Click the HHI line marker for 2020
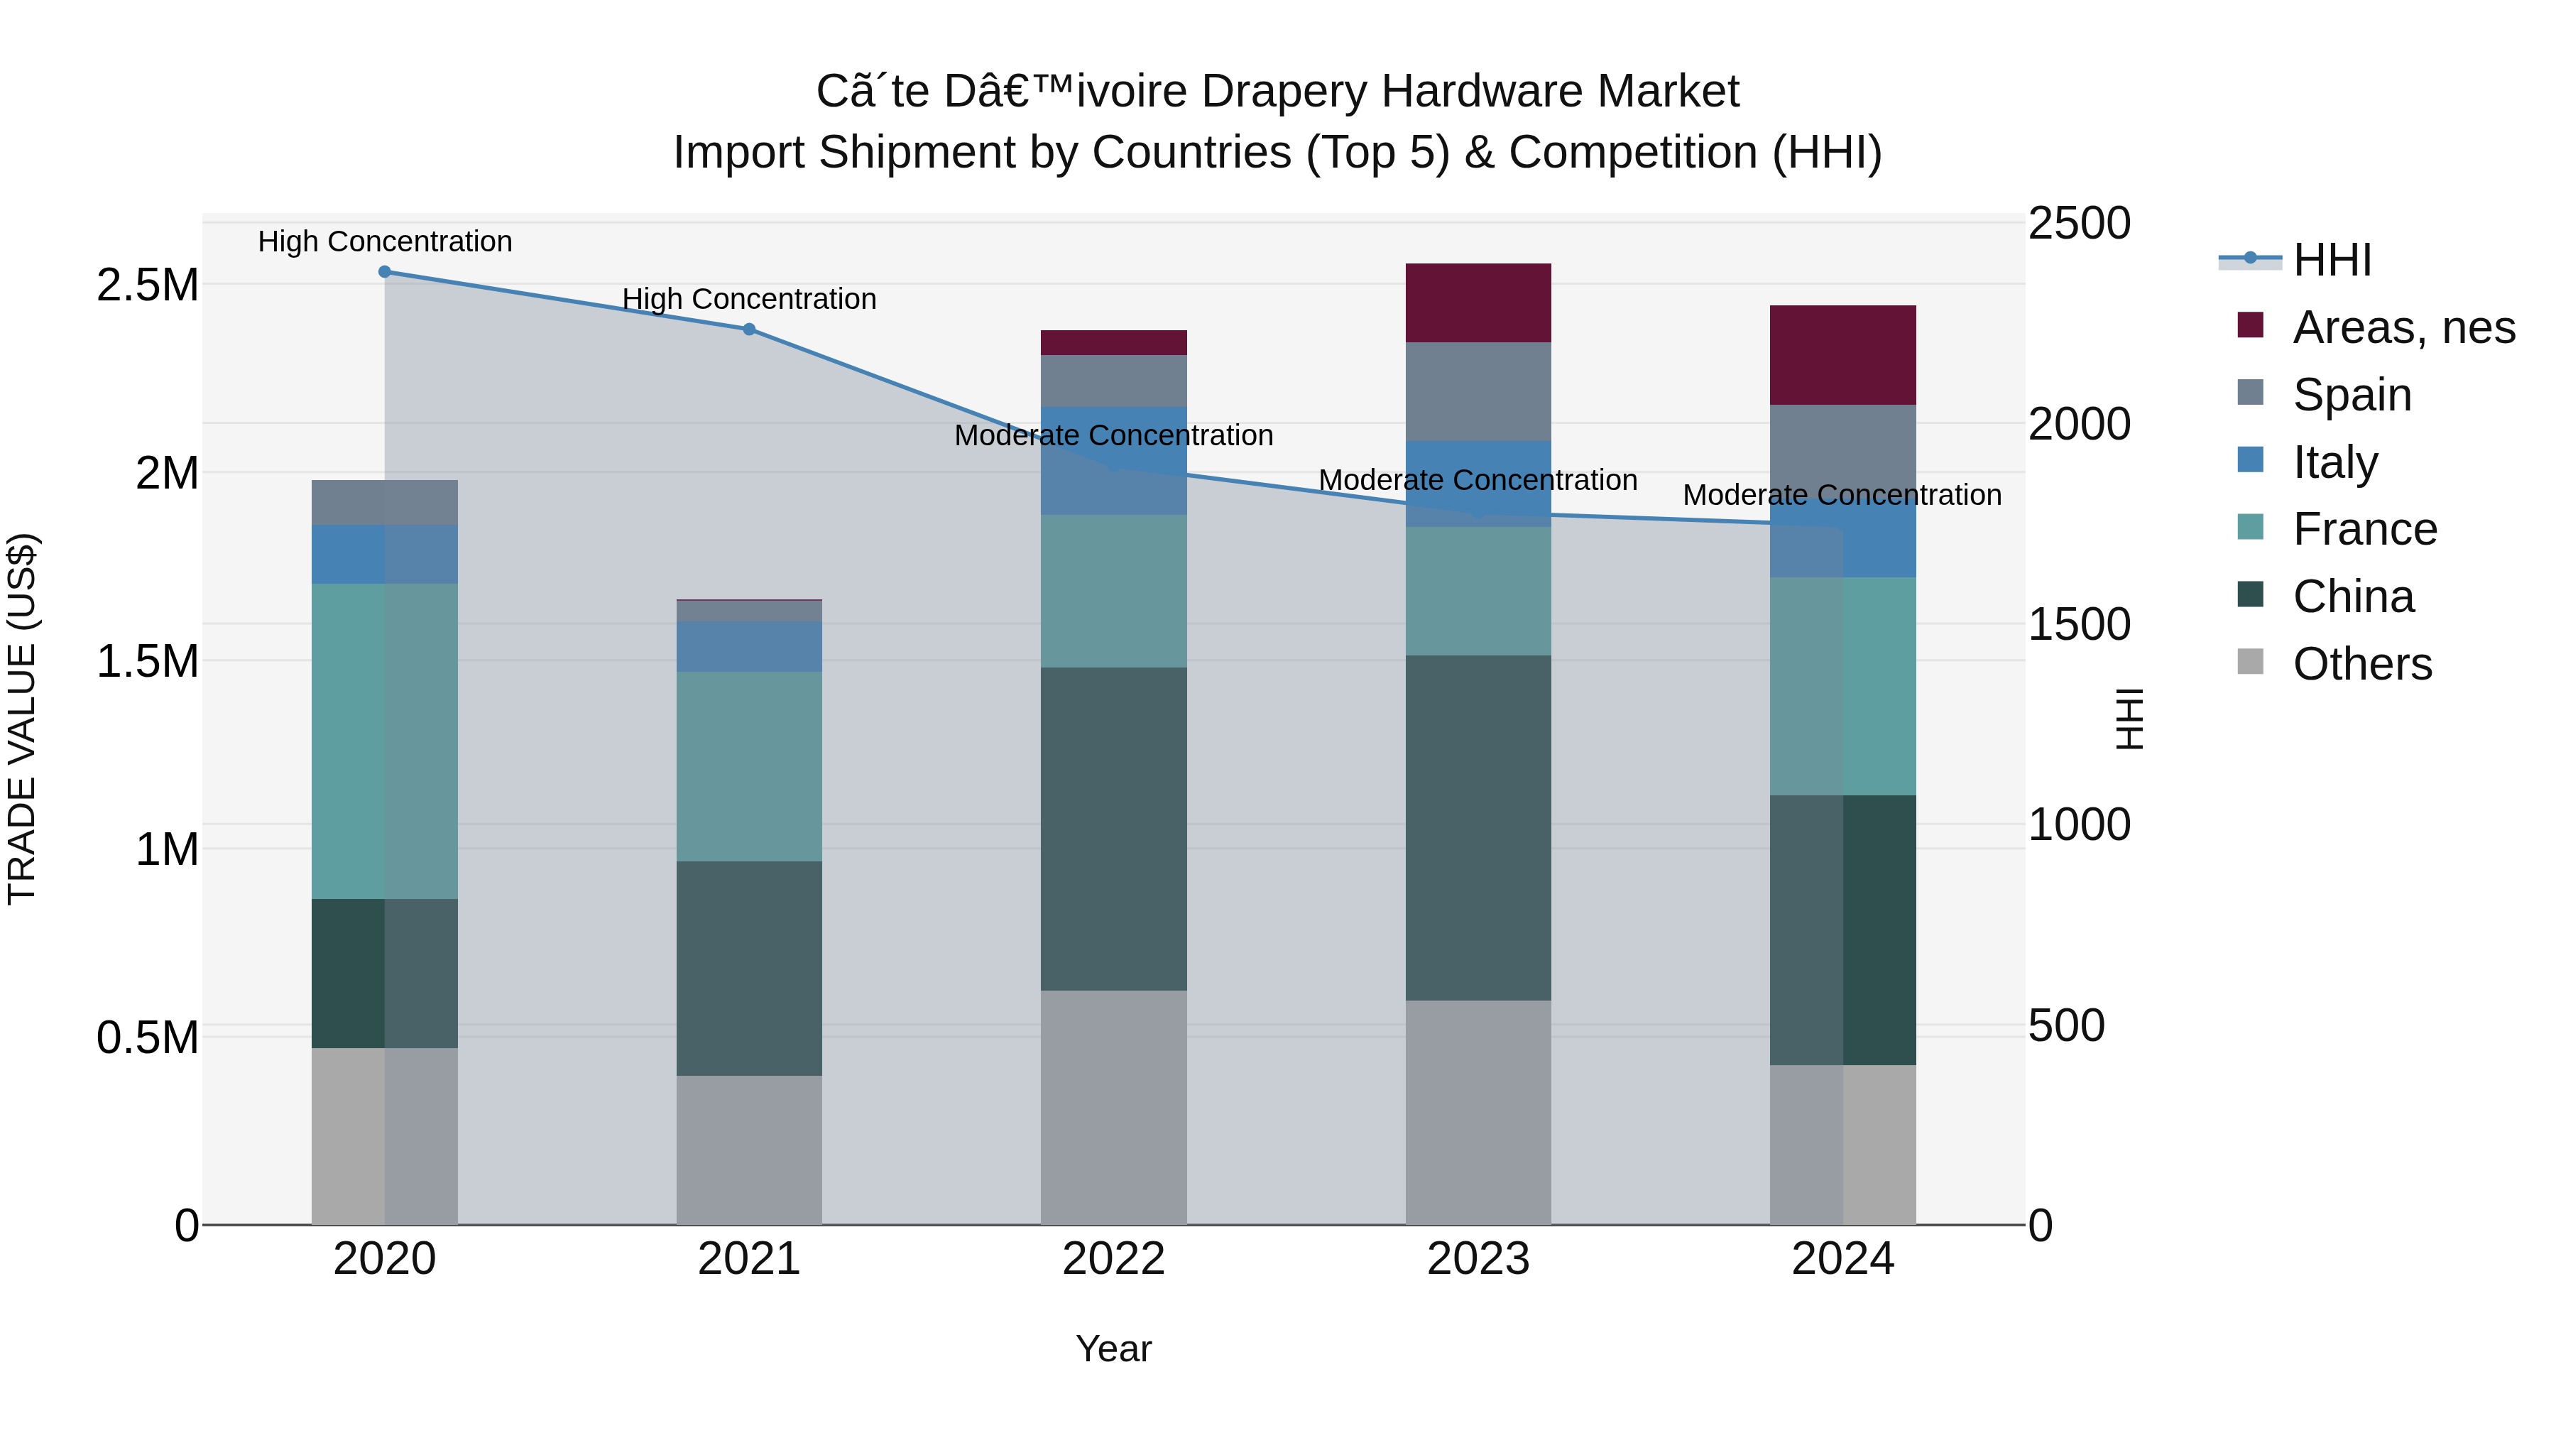(385, 271)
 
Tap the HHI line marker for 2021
(749, 329)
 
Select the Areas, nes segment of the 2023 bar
(1478, 303)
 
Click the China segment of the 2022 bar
(1113, 829)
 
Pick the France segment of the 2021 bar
(749, 766)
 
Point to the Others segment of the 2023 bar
(1478, 1111)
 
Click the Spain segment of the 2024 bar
(1842, 452)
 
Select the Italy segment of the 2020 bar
(385, 554)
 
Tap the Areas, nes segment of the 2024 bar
(1842, 354)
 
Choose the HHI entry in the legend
(2332, 260)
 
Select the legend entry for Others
(2361, 664)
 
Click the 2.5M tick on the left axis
(147, 285)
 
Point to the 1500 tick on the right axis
(2079, 624)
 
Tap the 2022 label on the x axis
(1113, 1259)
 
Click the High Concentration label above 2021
(749, 299)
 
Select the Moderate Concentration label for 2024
(1842, 494)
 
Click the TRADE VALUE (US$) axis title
(22, 719)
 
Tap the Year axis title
(1113, 1349)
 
